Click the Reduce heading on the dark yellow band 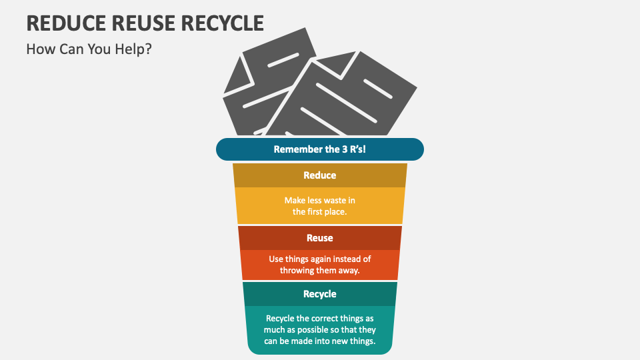point(319,175)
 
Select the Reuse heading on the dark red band point(319,238)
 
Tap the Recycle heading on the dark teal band point(319,294)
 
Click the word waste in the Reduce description point(333,200)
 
